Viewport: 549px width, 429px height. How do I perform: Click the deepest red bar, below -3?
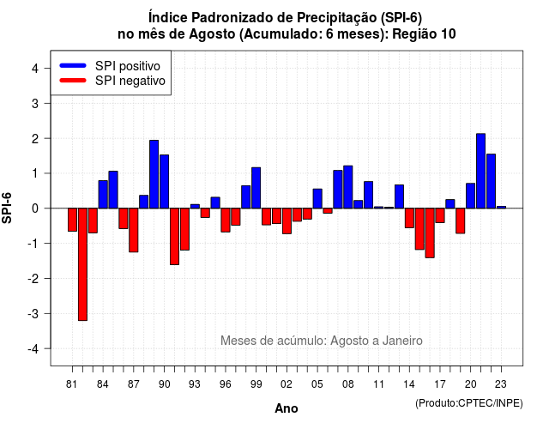(82, 264)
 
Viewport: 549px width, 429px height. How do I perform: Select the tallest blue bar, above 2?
(480, 171)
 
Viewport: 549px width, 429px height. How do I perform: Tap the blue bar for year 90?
(164, 181)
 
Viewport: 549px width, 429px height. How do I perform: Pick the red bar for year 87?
(134, 230)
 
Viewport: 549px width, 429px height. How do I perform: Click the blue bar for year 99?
(256, 188)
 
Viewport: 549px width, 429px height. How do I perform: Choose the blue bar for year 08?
(348, 187)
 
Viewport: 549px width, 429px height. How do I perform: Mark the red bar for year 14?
(409, 218)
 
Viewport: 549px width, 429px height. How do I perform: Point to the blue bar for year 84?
(103, 195)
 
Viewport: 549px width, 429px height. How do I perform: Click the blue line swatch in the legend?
(73, 65)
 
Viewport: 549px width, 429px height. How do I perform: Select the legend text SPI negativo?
(130, 81)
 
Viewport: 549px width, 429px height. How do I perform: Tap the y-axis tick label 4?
(35, 69)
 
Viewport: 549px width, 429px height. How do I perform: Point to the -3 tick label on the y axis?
(33, 313)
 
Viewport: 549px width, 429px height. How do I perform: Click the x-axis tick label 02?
(287, 384)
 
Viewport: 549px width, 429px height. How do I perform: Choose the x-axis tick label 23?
(501, 384)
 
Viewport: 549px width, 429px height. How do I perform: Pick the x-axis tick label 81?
(72, 384)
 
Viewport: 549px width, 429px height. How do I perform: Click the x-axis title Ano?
(287, 408)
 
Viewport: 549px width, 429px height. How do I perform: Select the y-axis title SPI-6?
(7, 208)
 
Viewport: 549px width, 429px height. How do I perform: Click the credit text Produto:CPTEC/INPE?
(469, 403)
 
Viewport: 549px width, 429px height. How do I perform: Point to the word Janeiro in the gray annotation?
(402, 341)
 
